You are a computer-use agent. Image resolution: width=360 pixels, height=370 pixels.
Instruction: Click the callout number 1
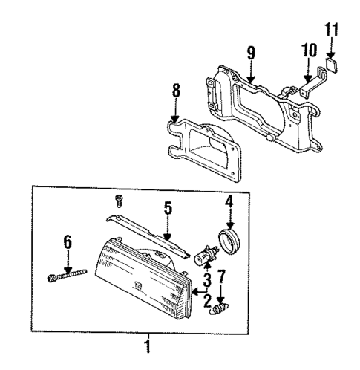(x=147, y=345)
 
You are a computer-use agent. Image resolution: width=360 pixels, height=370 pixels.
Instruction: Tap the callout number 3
(x=208, y=278)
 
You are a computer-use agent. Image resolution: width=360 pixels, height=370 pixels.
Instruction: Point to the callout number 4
(x=229, y=201)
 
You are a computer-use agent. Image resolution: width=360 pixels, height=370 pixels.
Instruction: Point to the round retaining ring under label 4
(x=229, y=242)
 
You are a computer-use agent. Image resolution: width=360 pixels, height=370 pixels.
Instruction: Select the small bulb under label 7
(x=220, y=308)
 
